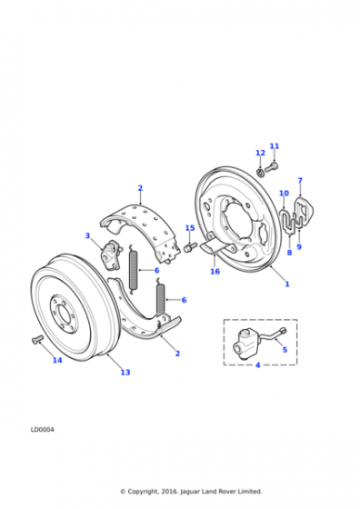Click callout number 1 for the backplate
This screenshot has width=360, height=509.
coord(287,284)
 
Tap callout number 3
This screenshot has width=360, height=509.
coord(87,235)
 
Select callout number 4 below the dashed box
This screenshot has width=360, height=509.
coord(258,365)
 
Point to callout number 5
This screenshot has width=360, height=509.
coord(285,350)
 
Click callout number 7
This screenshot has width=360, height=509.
coord(300,181)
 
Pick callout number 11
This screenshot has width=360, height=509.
coord(275,146)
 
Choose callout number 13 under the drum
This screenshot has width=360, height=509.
coord(125,373)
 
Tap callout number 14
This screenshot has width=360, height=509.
coord(57,360)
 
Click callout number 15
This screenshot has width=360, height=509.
coord(190,228)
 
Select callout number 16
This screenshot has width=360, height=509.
coord(215,272)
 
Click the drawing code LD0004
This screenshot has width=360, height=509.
coord(43,430)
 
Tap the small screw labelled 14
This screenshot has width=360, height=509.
coord(37,339)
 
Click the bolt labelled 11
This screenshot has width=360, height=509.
coord(272,168)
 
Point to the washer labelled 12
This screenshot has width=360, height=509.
coord(260,172)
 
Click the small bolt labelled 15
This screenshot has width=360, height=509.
coord(191,247)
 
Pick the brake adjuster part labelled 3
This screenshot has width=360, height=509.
coord(111,254)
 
